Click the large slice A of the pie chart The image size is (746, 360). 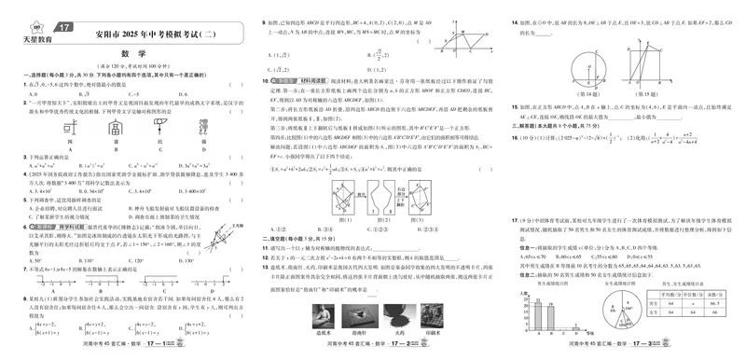click(x=599, y=317)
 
